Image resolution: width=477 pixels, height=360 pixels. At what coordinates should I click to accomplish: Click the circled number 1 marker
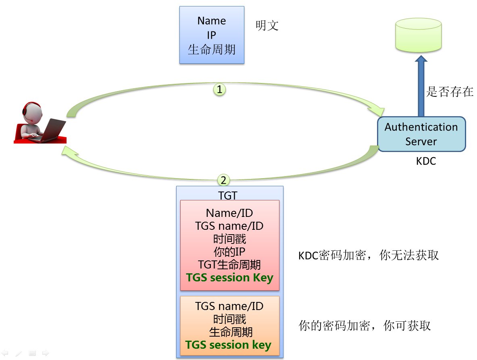point(219,89)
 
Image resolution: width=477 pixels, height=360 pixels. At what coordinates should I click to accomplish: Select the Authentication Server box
point(421,134)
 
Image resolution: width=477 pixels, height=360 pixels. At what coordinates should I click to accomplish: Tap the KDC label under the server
point(426,162)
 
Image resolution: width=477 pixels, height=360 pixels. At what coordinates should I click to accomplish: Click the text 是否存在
point(450,92)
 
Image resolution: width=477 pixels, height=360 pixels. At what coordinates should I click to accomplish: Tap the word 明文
point(267,26)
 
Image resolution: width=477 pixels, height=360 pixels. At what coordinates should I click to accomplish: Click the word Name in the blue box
point(212,21)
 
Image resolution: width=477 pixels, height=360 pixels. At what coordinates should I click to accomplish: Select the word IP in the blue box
point(212,35)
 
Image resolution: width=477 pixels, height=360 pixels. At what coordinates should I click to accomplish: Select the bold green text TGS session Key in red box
point(229,278)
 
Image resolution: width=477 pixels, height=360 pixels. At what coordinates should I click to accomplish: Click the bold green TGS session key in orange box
point(228,345)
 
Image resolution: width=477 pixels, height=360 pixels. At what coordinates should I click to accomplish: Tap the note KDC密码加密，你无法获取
point(368,255)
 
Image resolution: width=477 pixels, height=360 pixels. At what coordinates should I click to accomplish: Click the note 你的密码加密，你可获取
point(365,326)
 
